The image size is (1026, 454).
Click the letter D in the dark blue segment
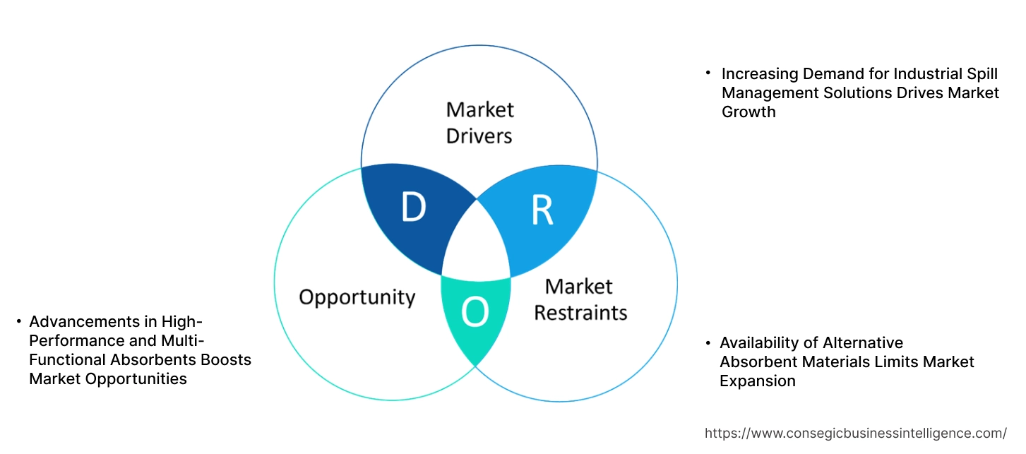tap(413, 208)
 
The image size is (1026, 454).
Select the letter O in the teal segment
tap(475, 313)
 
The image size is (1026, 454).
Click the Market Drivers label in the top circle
tap(479, 122)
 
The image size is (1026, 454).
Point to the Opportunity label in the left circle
tap(357, 297)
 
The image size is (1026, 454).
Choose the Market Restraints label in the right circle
tap(580, 299)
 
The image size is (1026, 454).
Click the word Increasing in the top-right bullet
tap(760, 73)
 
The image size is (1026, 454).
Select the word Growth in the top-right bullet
tap(748, 112)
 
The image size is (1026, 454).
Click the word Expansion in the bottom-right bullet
tap(757, 381)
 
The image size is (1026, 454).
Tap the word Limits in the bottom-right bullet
tap(908, 362)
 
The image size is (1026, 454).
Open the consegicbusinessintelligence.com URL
tap(855, 433)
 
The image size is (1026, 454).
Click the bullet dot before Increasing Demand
tap(708, 73)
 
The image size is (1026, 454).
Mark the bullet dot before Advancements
tap(18, 322)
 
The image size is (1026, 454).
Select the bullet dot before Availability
tap(708, 343)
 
